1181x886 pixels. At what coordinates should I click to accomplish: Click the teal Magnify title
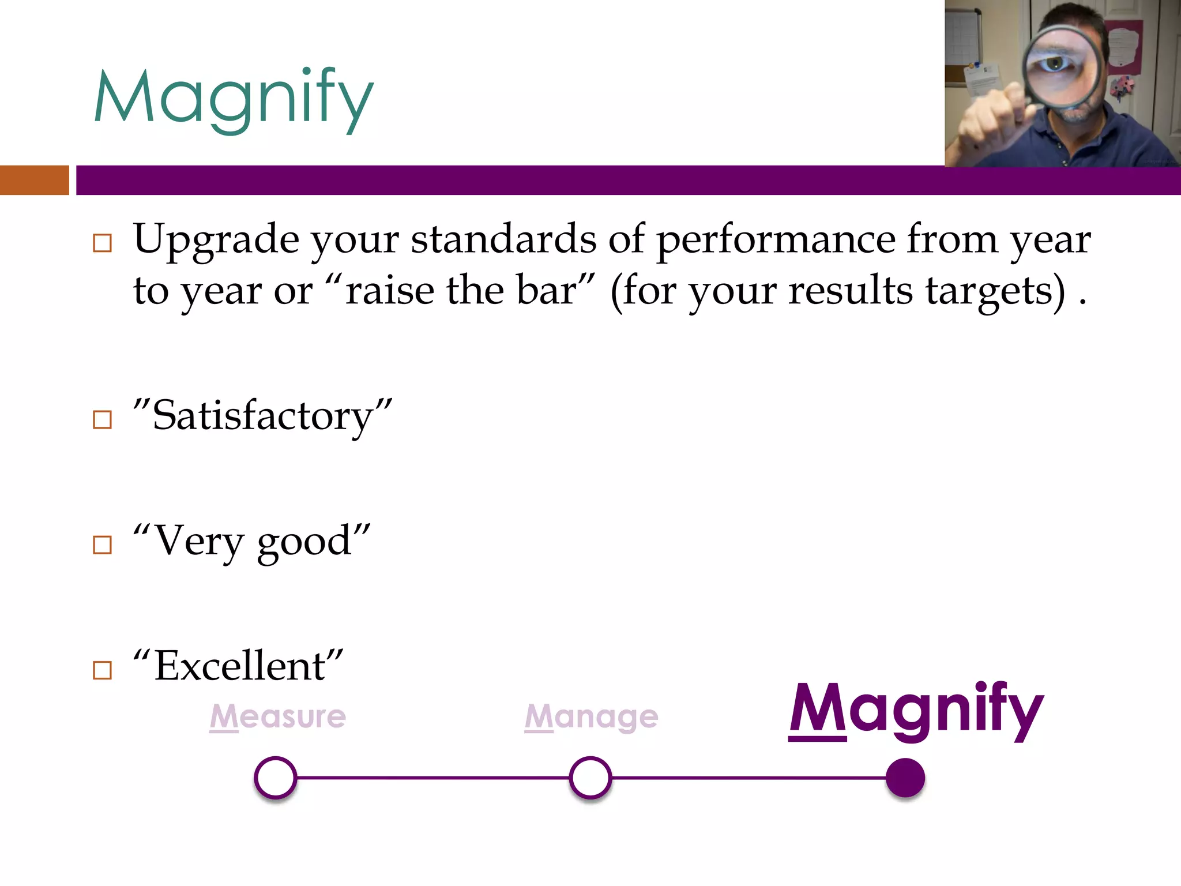(234, 98)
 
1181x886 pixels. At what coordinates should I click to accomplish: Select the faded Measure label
(278, 716)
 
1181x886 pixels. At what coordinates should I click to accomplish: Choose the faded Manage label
(591, 717)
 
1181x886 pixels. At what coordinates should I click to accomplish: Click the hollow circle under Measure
(276, 778)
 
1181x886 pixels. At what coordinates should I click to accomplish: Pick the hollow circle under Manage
(590, 778)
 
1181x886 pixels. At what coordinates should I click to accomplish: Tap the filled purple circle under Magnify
(905, 778)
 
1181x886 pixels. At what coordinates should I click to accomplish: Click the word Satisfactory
(263, 416)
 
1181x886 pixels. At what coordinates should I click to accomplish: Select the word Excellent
(239, 666)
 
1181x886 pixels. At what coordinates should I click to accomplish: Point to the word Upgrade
(216, 239)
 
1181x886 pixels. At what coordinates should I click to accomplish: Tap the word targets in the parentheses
(995, 291)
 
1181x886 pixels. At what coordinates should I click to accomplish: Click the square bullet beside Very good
(103, 545)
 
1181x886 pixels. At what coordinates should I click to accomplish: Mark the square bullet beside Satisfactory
(103, 419)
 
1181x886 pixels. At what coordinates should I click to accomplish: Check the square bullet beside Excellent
(103, 670)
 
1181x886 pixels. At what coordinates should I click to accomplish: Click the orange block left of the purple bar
(34, 180)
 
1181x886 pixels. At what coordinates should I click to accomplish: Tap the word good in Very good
(304, 542)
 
